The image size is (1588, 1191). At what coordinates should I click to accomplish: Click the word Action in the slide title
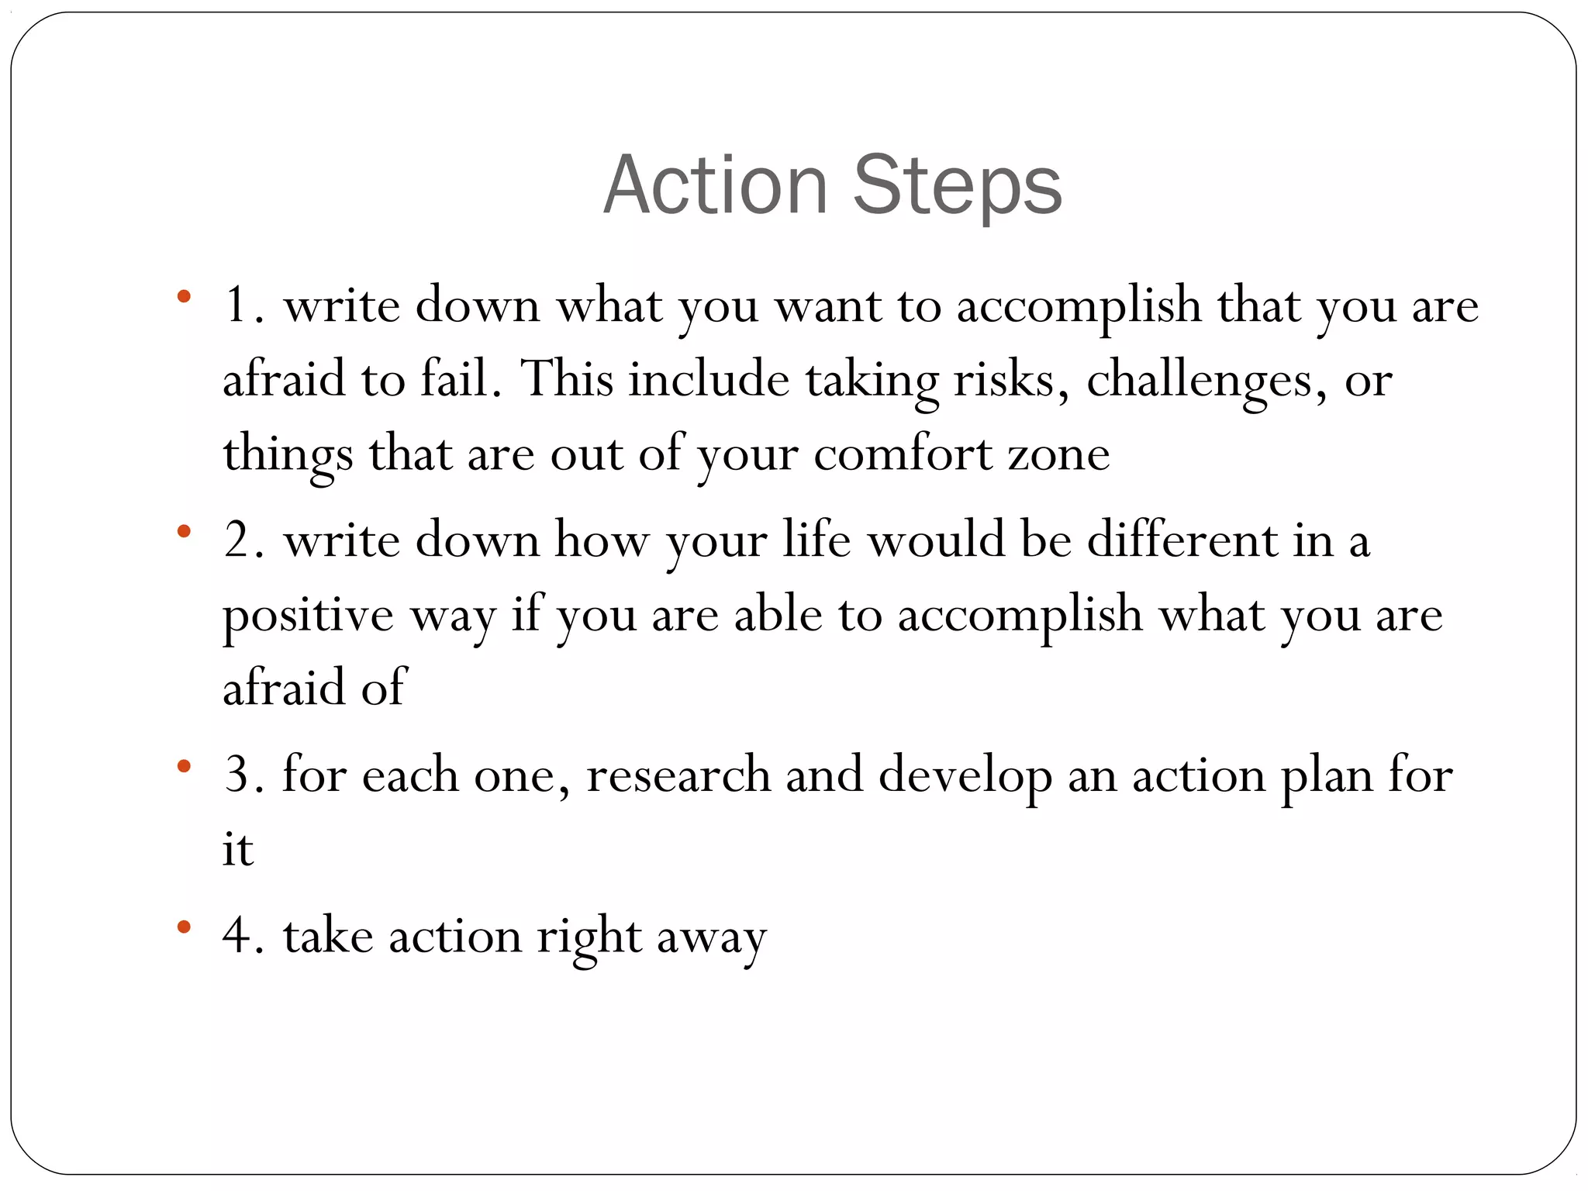[716, 186]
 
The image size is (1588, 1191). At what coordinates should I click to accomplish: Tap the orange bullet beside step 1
[184, 295]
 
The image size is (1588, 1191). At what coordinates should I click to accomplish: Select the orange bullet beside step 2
[184, 531]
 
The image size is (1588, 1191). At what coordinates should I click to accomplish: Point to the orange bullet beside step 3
[184, 766]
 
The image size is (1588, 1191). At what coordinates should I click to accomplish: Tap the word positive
[308, 615]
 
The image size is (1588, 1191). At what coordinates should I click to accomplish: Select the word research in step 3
[678, 775]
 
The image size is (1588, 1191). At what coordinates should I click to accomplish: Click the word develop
[965, 776]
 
